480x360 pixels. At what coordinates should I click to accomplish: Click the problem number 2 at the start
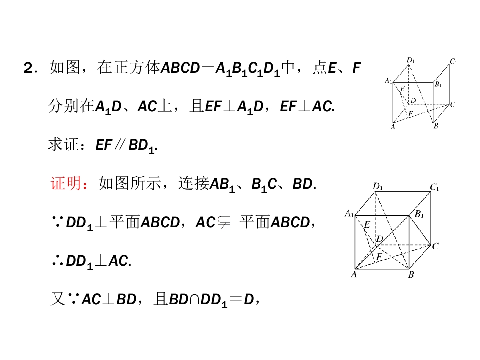tap(28, 68)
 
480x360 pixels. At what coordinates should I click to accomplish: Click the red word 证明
tap(66, 183)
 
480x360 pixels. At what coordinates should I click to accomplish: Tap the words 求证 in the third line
tap(63, 145)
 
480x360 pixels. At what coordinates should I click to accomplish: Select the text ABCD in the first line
tap(180, 68)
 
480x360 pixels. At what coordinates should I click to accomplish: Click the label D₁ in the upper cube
tap(411, 60)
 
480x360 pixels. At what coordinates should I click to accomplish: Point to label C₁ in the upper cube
tap(453, 62)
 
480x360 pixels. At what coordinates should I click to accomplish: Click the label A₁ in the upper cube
tap(388, 81)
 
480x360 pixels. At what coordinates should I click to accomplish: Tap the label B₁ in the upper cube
tap(438, 84)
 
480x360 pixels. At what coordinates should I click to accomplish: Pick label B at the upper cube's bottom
tap(436, 126)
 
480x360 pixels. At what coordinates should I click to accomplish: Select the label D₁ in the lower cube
tap(378, 186)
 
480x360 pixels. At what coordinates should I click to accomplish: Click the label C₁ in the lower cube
tap(434, 187)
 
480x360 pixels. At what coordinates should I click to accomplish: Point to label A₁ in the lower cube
tap(349, 213)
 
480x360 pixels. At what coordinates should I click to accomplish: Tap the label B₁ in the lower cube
tap(419, 214)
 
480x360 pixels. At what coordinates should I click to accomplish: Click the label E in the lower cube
tap(367, 225)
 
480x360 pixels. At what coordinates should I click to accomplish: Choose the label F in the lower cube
tap(379, 256)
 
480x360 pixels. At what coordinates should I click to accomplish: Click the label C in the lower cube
tap(435, 246)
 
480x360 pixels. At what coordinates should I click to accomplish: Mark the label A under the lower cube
tap(354, 274)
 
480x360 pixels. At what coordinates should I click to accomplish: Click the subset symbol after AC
tap(224, 223)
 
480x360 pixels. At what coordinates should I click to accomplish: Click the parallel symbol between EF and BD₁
tap(119, 145)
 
